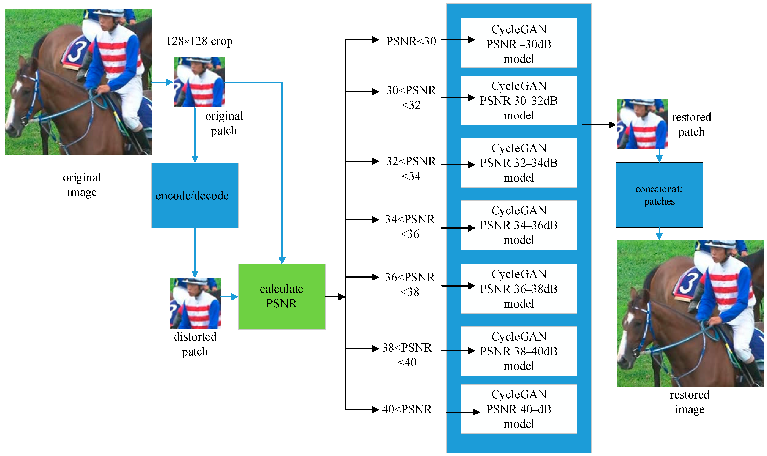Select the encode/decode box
pyautogui.click(x=195, y=195)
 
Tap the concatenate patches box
pyautogui.click(x=659, y=195)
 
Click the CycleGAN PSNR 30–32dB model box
pyautogui.click(x=518, y=100)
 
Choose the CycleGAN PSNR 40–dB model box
pyautogui.click(x=518, y=409)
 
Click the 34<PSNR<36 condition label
pyautogui.click(x=410, y=227)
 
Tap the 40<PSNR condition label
pyautogui.click(x=407, y=409)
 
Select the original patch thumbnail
pyautogui.click(x=199, y=82)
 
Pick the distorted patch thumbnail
pyautogui.click(x=195, y=303)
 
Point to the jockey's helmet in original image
pyautogui.click(x=109, y=12)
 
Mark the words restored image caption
pyautogui.click(x=690, y=402)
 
